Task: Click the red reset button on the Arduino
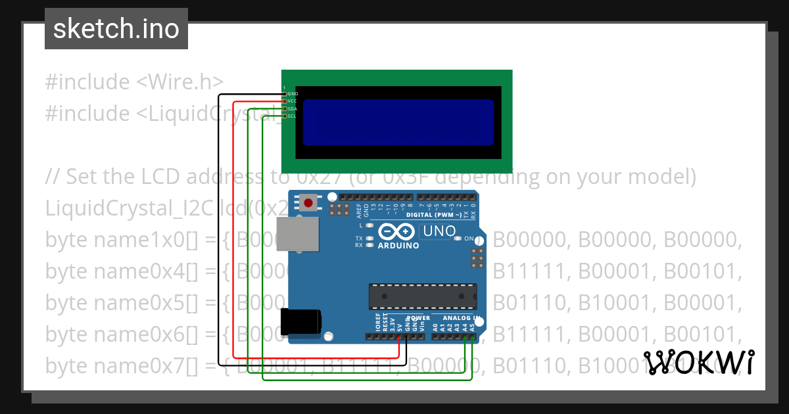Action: click(x=308, y=202)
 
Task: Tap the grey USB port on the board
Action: click(x=297, y=234)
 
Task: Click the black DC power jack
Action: click(x=301, y=323)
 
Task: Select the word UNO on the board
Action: click(x=439, y=231)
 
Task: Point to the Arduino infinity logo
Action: click(x=397, y=232)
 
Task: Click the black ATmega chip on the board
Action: click(x=421, y=296)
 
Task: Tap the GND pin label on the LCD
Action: click(x=293, y=94)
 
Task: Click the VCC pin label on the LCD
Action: click(x=293, y=101)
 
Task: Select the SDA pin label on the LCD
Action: click(x=293, y=108)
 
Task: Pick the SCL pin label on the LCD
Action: click(x=293, y=116)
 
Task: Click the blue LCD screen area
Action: click(x=398, y=122)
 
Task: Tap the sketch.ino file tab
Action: click(x=116, y=29)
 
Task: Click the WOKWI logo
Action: click(x=699, y=362)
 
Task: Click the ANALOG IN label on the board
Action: click(x=461, y=318)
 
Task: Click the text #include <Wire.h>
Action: click(x=134, y=82)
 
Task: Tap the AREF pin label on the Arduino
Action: click(x=359, y=210)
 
